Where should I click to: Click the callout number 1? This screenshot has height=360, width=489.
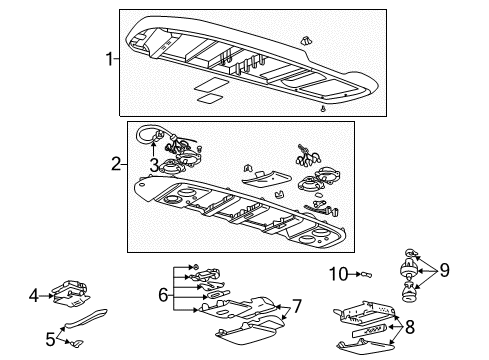click(110, 59)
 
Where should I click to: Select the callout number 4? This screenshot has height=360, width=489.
click(33, 295)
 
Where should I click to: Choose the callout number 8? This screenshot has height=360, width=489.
click(438, 326)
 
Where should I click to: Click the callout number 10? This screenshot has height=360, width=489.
click(338, 273)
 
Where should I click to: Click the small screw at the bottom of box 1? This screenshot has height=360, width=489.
click(323, 108)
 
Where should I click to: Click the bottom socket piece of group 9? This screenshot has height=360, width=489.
click(407, 292)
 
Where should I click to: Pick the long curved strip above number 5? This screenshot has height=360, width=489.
click(90, 320)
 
